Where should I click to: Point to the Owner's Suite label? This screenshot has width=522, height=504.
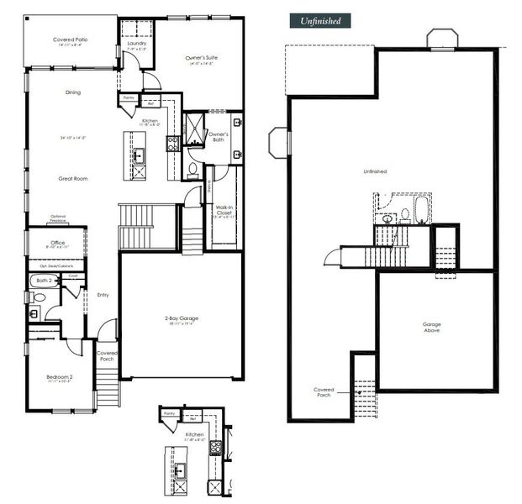point(201,58)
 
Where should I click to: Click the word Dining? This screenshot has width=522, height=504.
point(73,92)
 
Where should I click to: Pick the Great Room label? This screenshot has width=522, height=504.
point(73,178)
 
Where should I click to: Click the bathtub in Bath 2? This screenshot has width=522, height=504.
point(45,281)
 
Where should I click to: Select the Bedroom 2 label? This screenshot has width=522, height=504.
point(59,377)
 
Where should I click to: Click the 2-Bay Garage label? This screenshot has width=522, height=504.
point(181,318)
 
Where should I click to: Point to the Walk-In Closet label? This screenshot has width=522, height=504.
point(224,209)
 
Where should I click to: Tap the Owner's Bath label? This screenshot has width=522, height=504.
point(219,137)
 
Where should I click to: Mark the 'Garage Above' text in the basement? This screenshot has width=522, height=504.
point(431,327)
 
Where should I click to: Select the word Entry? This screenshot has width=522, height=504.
point(103,295)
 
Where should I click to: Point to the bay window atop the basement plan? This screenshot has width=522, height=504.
point(440,39)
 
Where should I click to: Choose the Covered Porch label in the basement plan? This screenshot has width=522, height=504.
point(324,391)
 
